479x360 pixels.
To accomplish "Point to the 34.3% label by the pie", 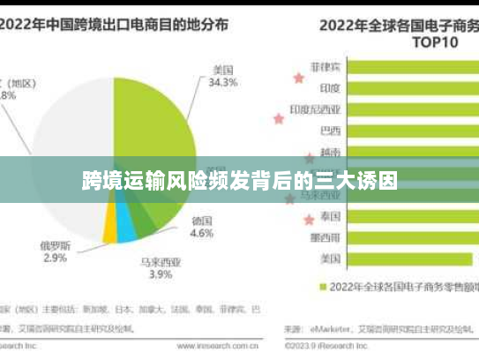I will click(223, 83).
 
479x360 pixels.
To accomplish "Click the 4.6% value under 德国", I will click(201, 234).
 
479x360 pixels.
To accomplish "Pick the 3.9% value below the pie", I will click(160, 274).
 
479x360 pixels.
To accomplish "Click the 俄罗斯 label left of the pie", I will click(54, 244).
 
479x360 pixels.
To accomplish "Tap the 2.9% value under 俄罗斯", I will click(54, 258).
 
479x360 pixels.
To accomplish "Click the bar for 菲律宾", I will click(415, 67).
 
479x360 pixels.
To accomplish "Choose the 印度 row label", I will click(331, 88).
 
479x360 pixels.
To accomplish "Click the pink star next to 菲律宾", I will click(298, 78).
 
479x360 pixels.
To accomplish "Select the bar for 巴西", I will click(415, 131).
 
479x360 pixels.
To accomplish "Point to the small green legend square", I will click(322, 286).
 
